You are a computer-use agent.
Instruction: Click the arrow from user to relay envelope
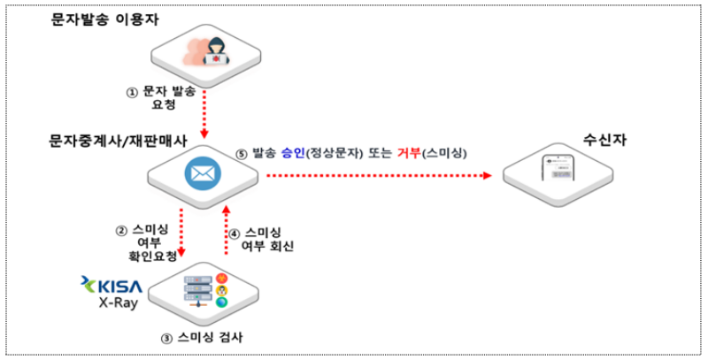(x=204, y=111)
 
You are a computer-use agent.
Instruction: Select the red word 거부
(x=410, y=152)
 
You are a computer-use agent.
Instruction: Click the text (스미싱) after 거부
(x=445, y=152)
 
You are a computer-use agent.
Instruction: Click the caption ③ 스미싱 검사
(x=205, y=340)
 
